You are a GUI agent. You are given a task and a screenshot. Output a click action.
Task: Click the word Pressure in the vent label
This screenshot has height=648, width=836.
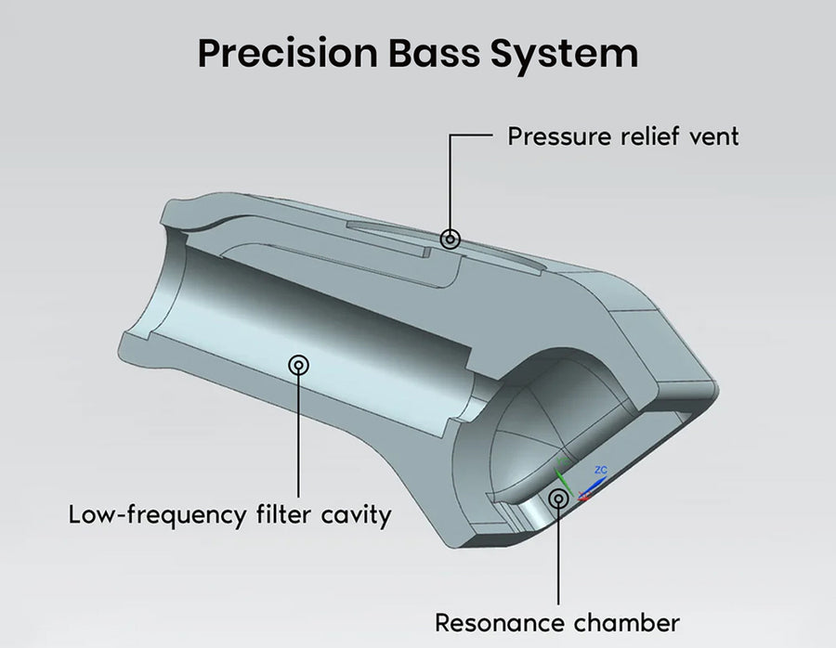coord(557,136)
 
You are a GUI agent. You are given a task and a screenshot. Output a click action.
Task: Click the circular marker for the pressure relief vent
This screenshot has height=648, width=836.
coord(451,239)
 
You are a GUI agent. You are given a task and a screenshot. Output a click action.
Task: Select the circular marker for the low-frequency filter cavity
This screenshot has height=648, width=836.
coord(298,365)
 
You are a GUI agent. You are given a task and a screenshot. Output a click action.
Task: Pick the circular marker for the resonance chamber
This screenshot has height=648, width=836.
coord(558,499)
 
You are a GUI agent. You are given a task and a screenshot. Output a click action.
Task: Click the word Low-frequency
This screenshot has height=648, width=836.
coord(159,513)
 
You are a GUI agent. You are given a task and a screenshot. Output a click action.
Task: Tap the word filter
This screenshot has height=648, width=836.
coord(284,513)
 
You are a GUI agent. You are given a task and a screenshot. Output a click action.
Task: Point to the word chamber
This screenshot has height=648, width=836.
coord(630,621)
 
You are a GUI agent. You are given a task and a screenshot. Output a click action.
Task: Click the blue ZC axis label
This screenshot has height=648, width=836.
coord(600,471)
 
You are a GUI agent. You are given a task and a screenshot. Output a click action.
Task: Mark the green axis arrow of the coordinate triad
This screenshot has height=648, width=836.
coord(560,475)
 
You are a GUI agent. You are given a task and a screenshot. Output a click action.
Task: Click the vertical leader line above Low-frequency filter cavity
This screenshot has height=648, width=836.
coord(298,436)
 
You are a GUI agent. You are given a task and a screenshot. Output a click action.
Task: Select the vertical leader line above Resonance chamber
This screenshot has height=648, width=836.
coord(558,557)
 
